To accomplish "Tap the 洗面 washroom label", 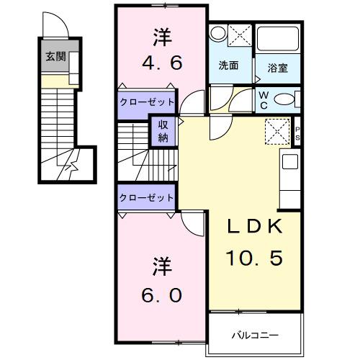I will click(x=229, y=65).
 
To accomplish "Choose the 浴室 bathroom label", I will click(x=277, y=69).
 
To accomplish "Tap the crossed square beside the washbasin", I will click(x=240, y=34).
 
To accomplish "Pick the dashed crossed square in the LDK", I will click(x=276, y=132).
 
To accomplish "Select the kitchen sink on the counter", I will click(x=292, y=162).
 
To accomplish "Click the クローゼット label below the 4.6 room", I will click(x=147, y=102).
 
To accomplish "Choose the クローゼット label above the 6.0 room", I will click(x=147, y=197).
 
